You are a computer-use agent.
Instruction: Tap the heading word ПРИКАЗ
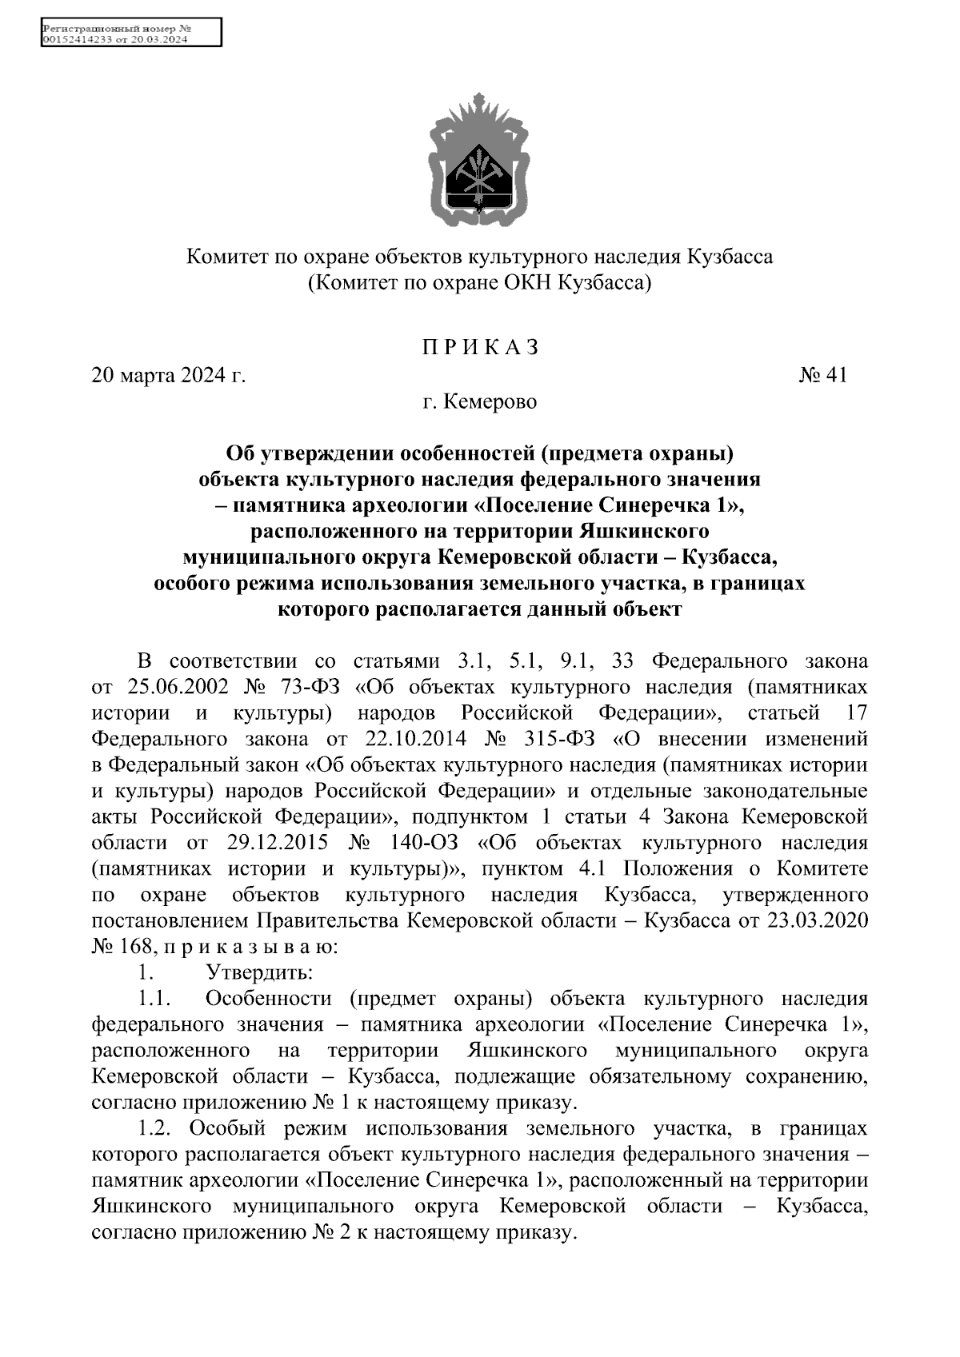480,348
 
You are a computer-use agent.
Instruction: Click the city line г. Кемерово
480,401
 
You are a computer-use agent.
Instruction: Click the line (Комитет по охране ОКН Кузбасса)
480,282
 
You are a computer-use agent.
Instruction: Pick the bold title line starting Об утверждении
480,454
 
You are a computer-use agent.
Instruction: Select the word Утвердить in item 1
259,972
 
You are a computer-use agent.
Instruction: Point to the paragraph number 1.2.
157,1128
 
